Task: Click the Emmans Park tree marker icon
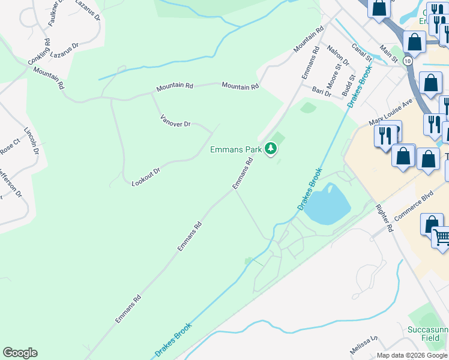pos(271,148)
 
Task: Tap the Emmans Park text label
pos(236,149)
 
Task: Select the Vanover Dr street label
pos(175,120)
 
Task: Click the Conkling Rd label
pos(39,53)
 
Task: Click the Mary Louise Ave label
pos(391,113)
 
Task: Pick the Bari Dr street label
pos(322,91)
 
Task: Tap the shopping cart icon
pos(441,236)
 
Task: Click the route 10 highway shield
pos(408,61)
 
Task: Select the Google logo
pos(20,352)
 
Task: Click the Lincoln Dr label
pos(31,141)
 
